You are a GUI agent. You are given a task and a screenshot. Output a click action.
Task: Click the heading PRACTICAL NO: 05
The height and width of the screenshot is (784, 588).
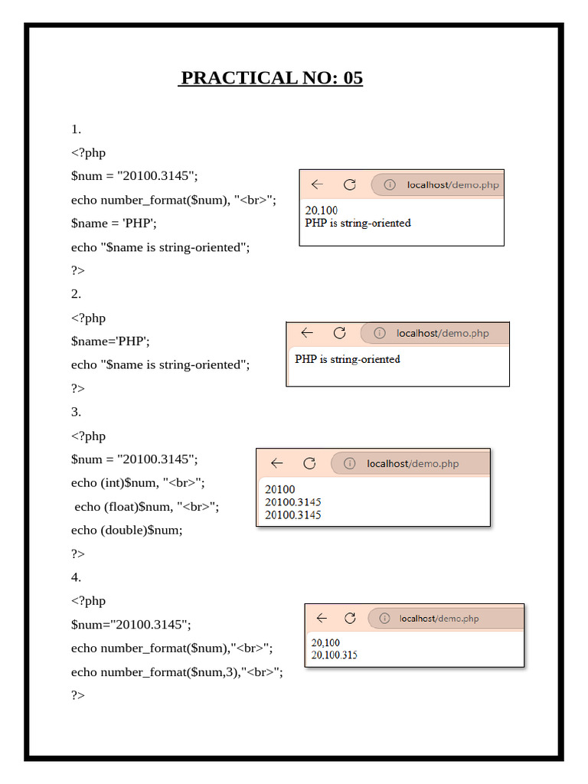coord(270,77)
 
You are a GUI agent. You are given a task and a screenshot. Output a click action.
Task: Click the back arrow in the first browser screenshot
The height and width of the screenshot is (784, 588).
coord(317,185)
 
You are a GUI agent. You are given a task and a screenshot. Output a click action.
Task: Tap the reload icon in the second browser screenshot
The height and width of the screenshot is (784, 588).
coord(340,333)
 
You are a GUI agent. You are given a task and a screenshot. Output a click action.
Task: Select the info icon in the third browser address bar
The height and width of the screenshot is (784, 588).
coord(350,463)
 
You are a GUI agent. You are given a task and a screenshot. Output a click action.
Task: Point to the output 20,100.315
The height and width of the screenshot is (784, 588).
coord(335,655)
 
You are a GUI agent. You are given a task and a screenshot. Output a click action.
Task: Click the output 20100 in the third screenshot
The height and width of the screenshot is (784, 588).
coord(280,489)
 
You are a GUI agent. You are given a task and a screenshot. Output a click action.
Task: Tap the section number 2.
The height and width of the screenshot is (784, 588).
coord(76,294)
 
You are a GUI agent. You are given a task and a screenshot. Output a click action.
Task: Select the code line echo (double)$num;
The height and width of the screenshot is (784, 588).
coord(127,530)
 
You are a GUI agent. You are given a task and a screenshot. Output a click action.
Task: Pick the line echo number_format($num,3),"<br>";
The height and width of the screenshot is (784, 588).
coord(177,671)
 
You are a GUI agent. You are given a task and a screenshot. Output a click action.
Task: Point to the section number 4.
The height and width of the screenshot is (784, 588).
coord(76,577)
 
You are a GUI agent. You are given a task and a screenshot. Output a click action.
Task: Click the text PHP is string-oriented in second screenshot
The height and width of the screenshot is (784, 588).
coord(348,358)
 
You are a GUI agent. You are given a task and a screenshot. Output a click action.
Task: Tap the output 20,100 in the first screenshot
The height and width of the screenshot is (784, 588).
coord(322,211)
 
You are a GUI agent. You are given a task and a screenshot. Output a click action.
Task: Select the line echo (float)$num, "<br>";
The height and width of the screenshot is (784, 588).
coord(146,506)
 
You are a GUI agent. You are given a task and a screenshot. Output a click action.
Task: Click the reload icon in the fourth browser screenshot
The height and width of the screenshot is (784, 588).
coord(350,618)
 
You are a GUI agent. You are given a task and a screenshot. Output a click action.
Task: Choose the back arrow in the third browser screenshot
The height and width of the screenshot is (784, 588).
coord(277,463)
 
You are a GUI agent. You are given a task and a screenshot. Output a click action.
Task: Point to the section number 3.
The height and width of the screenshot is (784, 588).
coord(76,412)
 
